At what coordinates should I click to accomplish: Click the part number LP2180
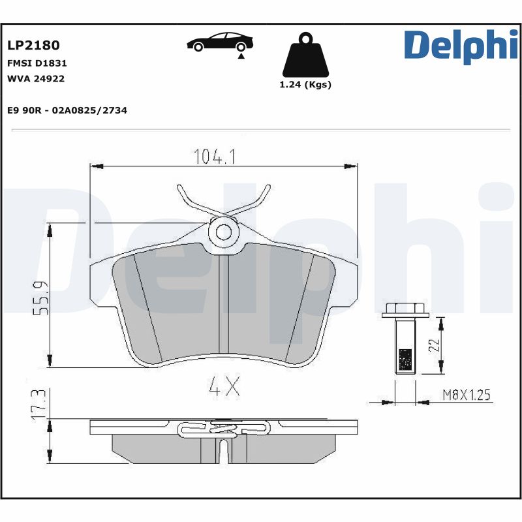click(33, 45)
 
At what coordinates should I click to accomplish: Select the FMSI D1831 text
click(37, 64)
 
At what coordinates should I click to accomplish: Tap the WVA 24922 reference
click(36, 78)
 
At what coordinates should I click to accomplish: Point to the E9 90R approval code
click(67, 110)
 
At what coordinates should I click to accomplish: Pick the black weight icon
click(305, 56)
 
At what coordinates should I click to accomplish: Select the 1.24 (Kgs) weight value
click(305, 85)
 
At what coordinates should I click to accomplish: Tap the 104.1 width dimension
click(215, 157)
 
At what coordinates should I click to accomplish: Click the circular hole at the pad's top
click(223, 231)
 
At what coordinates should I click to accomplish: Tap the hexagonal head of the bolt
click(404, 310)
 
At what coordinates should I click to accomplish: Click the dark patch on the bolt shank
click(405, 359)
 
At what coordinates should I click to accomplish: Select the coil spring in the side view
click(224, 429)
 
